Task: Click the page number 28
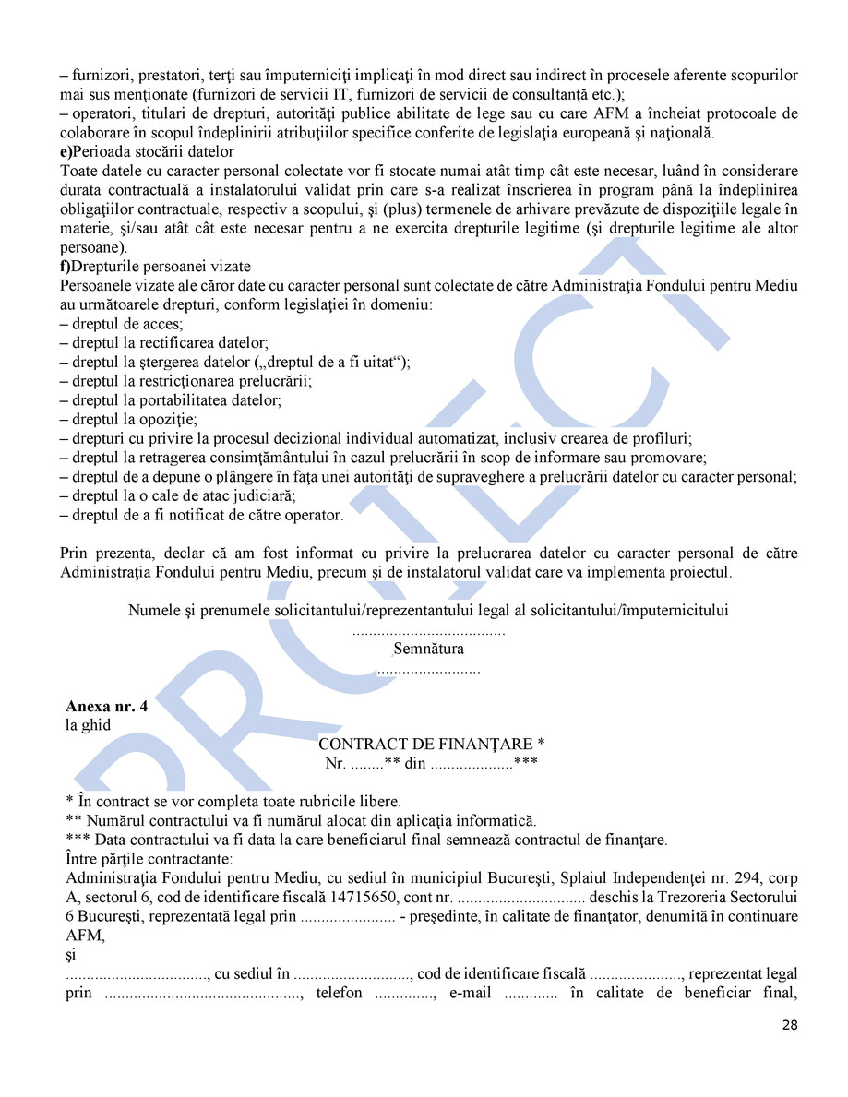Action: pos(790,1024)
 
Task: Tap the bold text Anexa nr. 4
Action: pos(106,707)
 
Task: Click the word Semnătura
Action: pos(428,649)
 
